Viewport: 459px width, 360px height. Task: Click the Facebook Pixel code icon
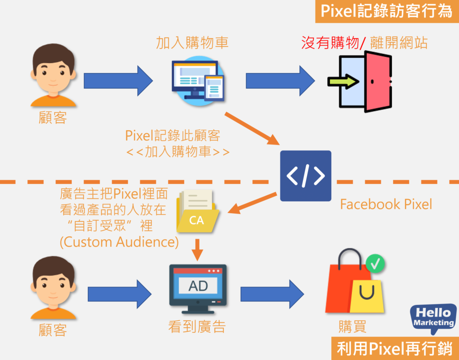coord(305,176)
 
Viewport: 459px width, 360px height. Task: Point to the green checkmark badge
coord(375,264)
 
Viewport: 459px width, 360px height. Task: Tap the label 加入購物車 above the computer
coord(192,43)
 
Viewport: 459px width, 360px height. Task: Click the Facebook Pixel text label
coord(386,205)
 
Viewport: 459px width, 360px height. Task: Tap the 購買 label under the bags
coord(353,326)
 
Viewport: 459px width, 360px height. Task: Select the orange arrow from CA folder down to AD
coord(197,249)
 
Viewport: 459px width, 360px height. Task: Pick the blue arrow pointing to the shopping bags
coord(272,294)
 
